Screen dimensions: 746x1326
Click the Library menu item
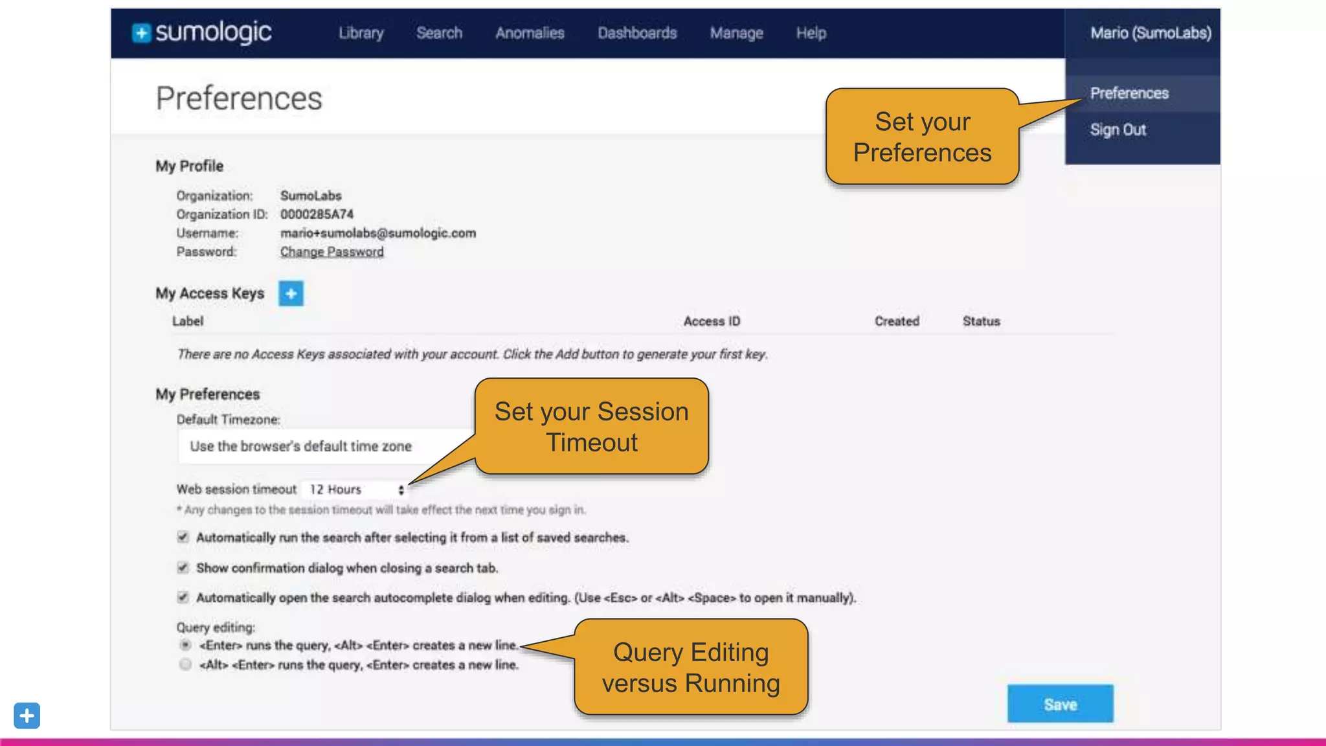[x=361, y=33]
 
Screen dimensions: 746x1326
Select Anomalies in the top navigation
[x=530, y=33]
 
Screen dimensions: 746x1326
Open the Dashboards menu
[x=637, y=33]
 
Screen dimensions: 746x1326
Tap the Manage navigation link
[x=736, y=33]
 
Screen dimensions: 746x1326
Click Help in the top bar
[x=811, y=33]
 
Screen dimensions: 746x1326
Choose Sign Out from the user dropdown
[x=1118, y=130]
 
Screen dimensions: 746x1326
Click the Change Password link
[x=331, y=252]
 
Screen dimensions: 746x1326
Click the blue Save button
[x=1060, y=704]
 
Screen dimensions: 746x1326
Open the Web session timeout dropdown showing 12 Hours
[x=355, y=490]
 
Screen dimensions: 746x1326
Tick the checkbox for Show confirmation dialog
[x=183, y=568]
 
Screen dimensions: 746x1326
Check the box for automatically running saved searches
[x=183, y=537]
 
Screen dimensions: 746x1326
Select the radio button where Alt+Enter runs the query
[x=185, y=664]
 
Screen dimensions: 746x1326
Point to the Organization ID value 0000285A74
[x=317, y=214]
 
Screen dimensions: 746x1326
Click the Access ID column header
[x=712, y=321]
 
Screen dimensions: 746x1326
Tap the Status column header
[x=981, y=321]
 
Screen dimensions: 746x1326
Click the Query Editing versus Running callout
[x=691, y=668]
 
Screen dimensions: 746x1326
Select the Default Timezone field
[x=324, y=446]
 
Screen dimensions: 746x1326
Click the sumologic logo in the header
[x=202, y=32]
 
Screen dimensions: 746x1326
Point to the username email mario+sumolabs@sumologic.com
[x=377, y=233]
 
